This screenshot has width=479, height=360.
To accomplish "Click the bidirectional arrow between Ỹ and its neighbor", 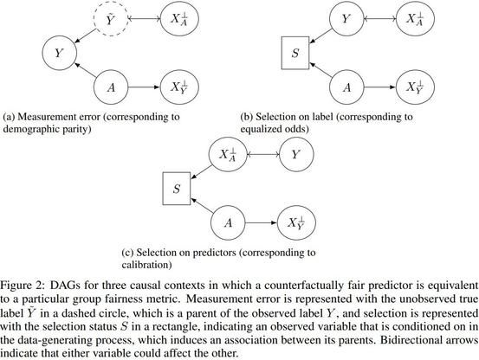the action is [x=144, y=19].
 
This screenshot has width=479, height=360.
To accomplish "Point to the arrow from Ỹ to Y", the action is [x=86, y=36].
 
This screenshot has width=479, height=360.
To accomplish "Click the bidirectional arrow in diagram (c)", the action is [x=263, y=154].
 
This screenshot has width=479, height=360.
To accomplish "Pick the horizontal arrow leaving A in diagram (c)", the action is [x=262, y=223].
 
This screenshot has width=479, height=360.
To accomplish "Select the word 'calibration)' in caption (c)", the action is [x=146, y=265].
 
